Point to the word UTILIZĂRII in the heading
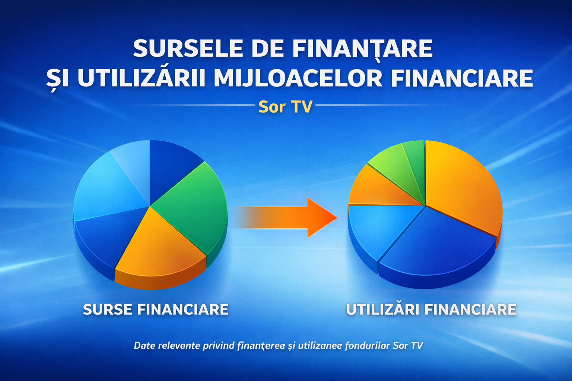141,78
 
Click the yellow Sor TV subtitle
285,107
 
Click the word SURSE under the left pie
107,310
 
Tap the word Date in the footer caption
144,346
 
